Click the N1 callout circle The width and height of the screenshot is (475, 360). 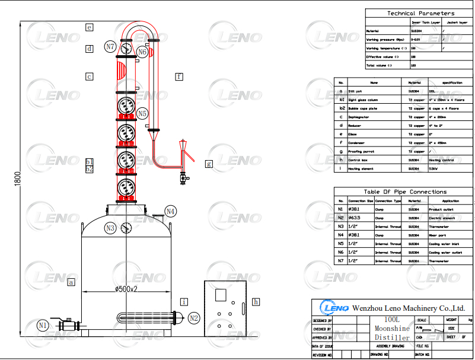(x=43, y=325)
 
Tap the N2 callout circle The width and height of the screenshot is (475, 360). (x=194, y=318)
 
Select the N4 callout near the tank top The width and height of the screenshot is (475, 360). (x=171, y=211)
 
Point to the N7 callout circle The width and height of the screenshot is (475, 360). (x=110, y=46)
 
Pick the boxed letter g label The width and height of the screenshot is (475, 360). (x=208, y=164)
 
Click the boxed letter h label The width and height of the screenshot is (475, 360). (x=256, y=302)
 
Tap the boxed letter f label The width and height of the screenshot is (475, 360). (x=179, y=77)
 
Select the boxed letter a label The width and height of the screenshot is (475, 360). (x=71, y=282)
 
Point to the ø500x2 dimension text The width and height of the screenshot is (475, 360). (x=126, y=289)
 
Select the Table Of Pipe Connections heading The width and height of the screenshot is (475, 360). (x=405, y=192)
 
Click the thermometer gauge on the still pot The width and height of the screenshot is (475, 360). (x=126, y=228)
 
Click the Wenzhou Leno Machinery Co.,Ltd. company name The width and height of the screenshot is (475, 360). (x=409, y=308)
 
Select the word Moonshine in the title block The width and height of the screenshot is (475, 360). (x=391, y=328)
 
